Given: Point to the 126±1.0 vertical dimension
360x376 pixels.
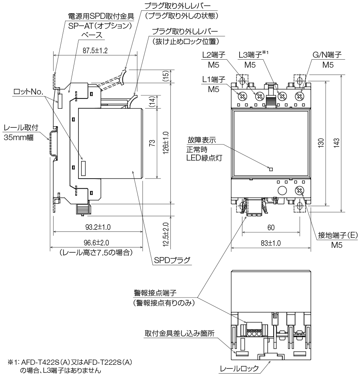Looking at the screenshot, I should point(165,143).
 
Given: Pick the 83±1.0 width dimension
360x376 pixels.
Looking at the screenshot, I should point(270,243).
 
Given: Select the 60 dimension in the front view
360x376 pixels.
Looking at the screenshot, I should point(271,227).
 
